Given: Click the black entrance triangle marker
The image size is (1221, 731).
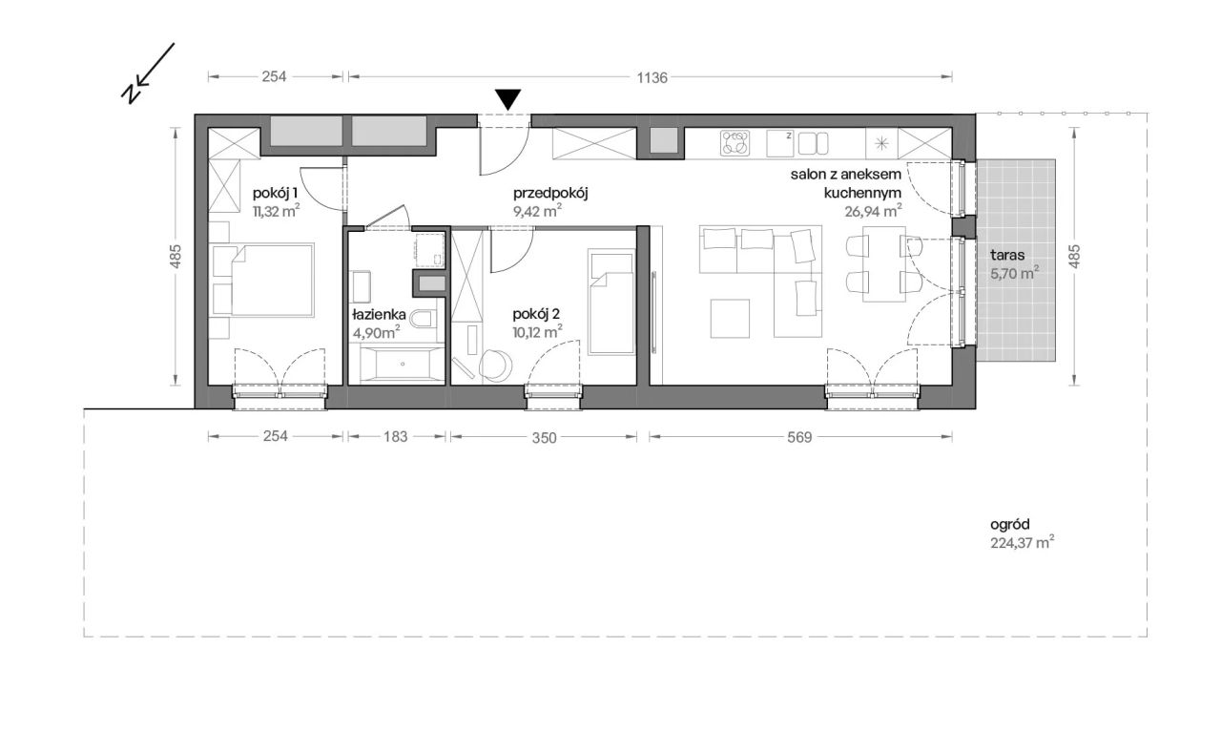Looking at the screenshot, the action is pos(508,98).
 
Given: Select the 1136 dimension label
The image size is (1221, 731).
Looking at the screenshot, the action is pos(652,78).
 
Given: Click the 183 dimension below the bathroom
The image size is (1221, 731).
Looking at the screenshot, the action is pos(395,436).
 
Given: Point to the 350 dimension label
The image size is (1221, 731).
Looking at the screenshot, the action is pos(544,437).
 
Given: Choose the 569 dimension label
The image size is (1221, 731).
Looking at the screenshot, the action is pos(799,437).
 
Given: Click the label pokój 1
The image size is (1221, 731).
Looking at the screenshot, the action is pos(276,193).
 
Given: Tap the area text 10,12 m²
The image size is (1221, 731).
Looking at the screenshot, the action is pos(537,332).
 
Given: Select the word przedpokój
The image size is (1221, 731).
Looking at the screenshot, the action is pos(550,194).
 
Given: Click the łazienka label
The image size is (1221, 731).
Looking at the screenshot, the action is pos(379,314).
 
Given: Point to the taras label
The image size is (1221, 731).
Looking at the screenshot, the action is pos(1007,255).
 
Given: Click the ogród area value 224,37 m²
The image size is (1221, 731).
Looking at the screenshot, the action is pos(1022,543).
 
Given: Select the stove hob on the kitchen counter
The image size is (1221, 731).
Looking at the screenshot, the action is pos(735,143).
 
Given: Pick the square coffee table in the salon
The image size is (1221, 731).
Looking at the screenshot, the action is pos(730,318).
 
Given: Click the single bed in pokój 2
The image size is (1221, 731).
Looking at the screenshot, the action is pos(611,302).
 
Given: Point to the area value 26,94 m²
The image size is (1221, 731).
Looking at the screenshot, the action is pos(873,211).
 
